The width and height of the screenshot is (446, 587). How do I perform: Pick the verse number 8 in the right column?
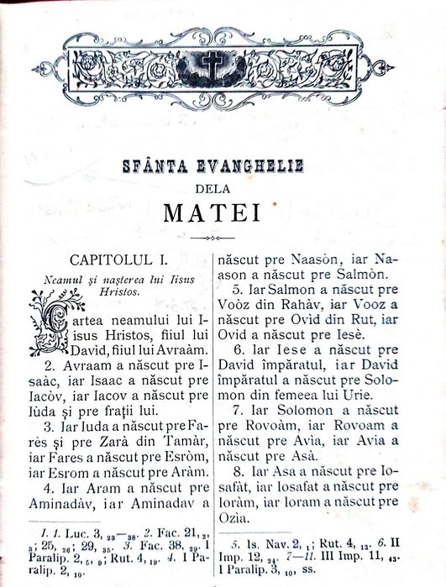click(238, 471)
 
